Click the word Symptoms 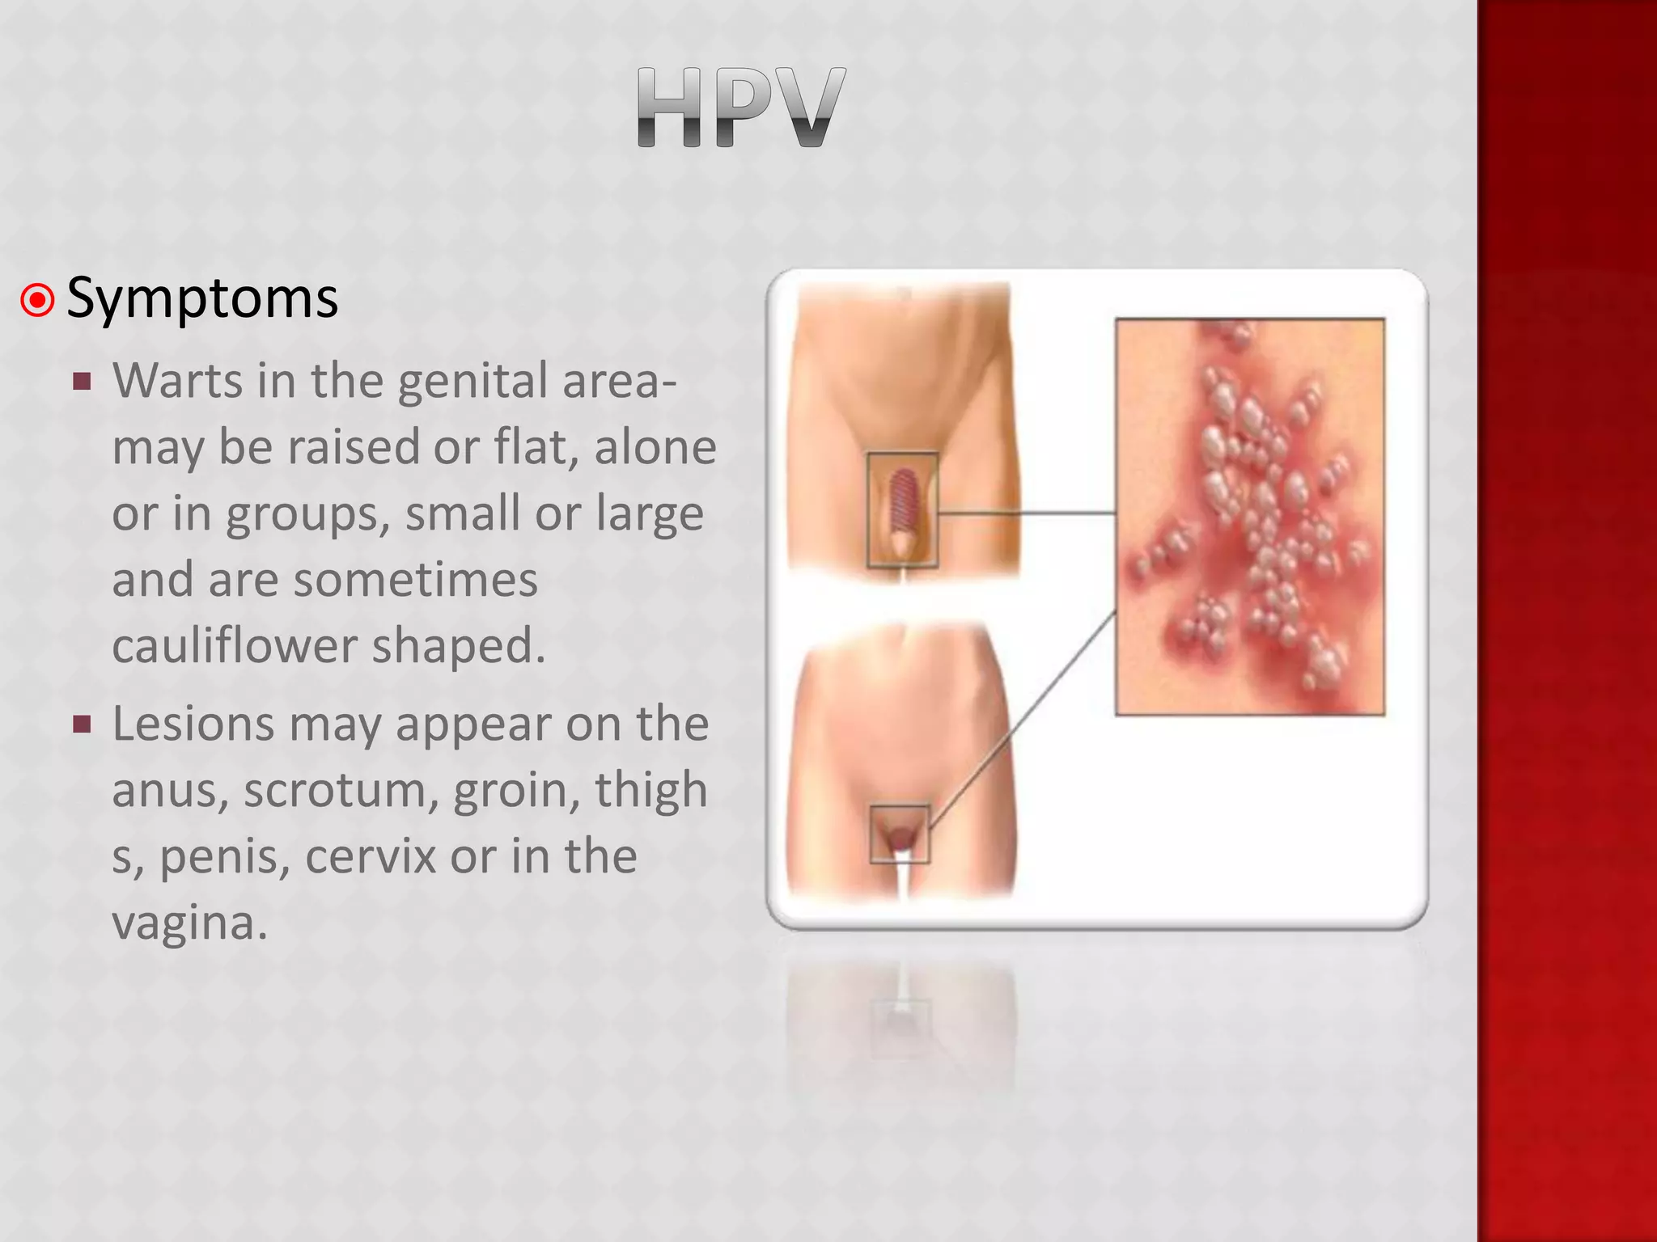pyautogui.click(x=202, y=299)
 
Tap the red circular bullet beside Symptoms pyautogui.click(x=37, y=300)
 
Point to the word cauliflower pyautogui.click(x=234, y=645)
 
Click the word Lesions pyautogui.click(x=193, y=724)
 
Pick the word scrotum pyautogui.click(x=340, y=790)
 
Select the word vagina pyautogui.click(x=189, y=923)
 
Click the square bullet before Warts pyautogui.click(x=82, y=381)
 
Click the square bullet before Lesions pyautogui.click(x=82, y=724)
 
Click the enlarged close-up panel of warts pyautogui.click(x=1249, y=517)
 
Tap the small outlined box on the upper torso pyautogui.click(x=902, y=509)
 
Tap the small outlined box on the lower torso pyautogui.click(x=900, y=834)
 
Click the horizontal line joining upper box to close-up pyautogui.click(x=1026, y=513)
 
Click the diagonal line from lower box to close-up pyautogui.click(x=1023, y=720)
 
